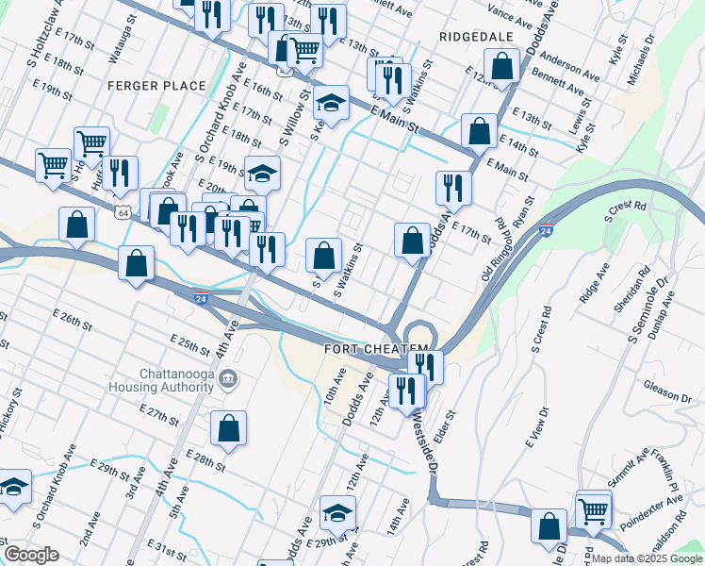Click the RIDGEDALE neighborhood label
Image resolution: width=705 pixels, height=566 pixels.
(x=475, y=36)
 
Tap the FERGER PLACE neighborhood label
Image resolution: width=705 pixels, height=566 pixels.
(x=156, y=86)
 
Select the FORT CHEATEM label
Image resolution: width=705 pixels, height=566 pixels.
(x=369, y=349)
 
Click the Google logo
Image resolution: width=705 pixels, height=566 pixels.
(x=30, y=555)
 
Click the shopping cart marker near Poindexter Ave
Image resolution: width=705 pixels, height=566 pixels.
(x=594, y=510)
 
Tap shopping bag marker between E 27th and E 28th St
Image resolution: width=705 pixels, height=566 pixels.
(x=229, y=428)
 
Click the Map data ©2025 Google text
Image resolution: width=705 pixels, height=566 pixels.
(x=646, y=558)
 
